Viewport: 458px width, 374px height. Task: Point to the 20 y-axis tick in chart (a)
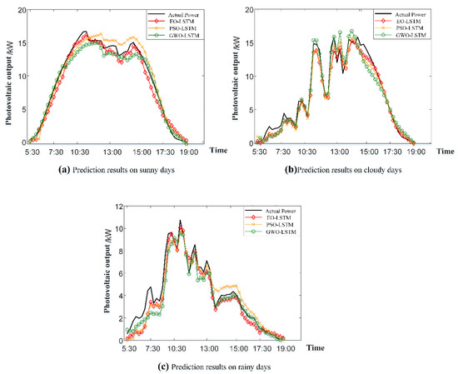click(21, 8)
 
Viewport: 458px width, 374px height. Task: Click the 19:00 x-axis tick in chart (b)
click(414, 152)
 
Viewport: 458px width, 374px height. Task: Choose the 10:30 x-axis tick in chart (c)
click(177, 348)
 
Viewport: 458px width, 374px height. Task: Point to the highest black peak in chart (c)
click(179, 221)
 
